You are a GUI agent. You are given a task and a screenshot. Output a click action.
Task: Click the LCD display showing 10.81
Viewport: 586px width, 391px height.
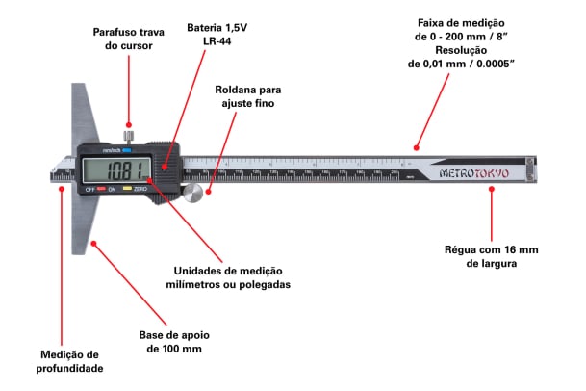click(115, 171)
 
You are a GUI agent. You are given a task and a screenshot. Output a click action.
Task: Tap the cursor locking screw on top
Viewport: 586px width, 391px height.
click(129, 134)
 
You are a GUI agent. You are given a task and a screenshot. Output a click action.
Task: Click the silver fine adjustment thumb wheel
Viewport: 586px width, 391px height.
click(194, 193)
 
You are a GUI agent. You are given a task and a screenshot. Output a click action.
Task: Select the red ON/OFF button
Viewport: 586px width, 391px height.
click(101, 189)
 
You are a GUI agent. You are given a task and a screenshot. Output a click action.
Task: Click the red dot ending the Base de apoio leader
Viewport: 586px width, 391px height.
click(93, 245)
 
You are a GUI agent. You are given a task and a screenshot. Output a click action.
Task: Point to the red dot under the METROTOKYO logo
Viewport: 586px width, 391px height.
click(491, 189)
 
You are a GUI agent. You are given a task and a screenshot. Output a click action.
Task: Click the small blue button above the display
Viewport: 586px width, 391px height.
click(126, 150)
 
